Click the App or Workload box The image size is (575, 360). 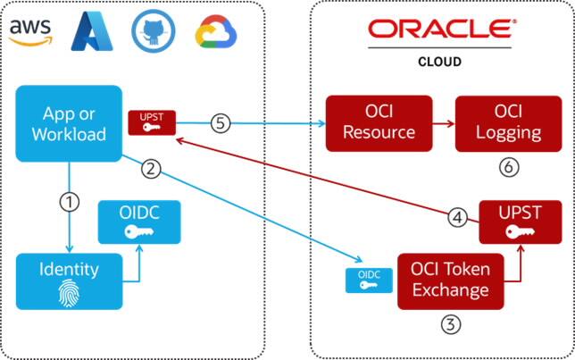click(x=69, y=123)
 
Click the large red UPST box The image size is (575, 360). click(x=519, y=221)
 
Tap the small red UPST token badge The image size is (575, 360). click(x=151, y=123)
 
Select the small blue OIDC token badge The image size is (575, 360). click(x=365, y=279)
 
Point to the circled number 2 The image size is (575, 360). click(x=153, y=166)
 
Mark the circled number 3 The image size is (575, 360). click(x=453, y=324)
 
